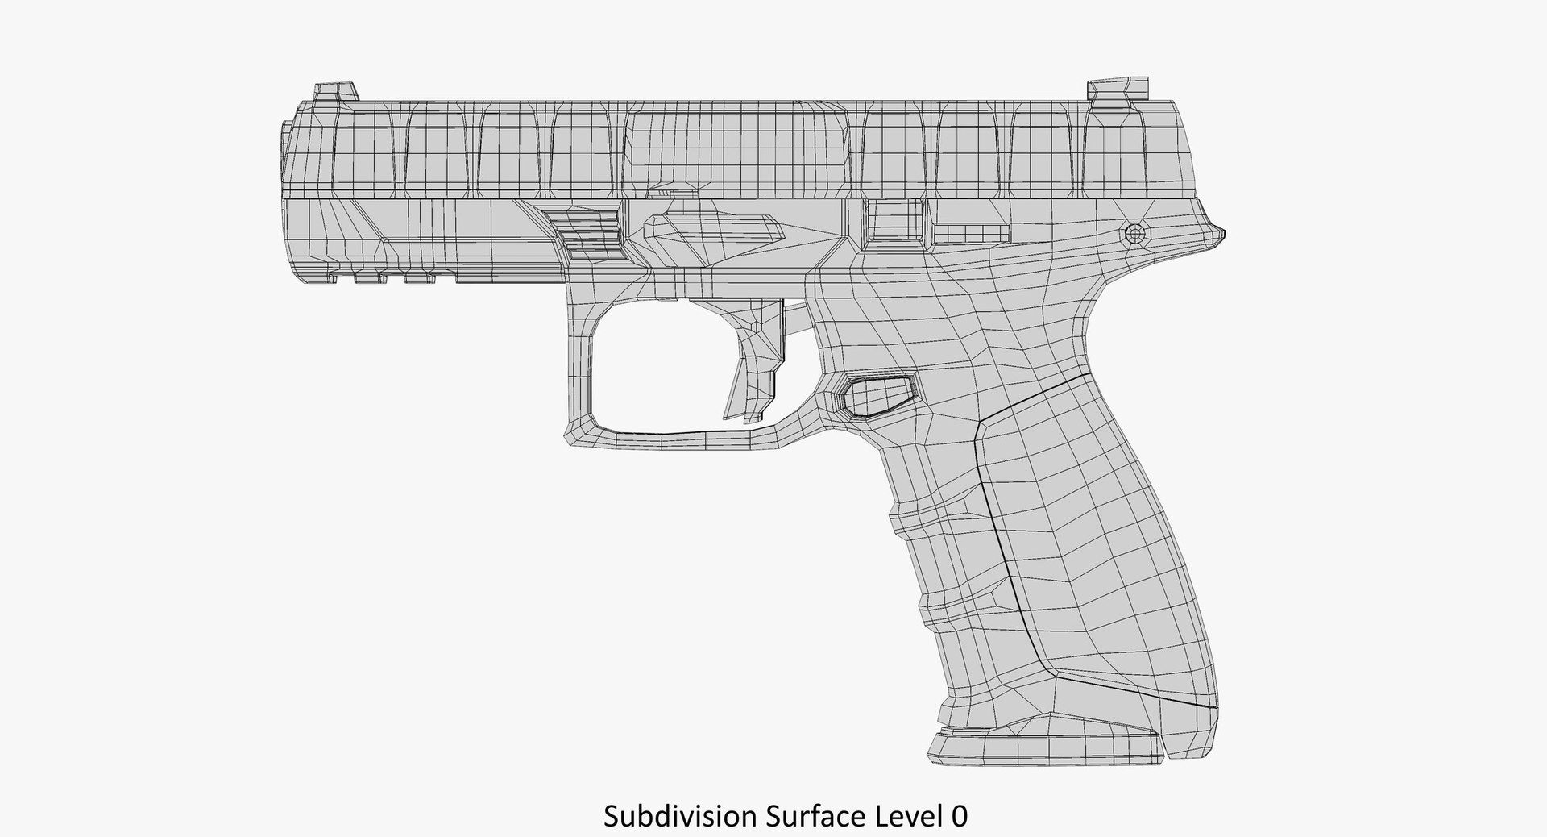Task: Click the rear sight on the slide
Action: coord(1118,91)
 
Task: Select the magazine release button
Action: coord(876,396)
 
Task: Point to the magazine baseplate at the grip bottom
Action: coord(1047,747)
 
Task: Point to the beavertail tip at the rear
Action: coord(1217,234)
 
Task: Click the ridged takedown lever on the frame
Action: coord(584,234)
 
